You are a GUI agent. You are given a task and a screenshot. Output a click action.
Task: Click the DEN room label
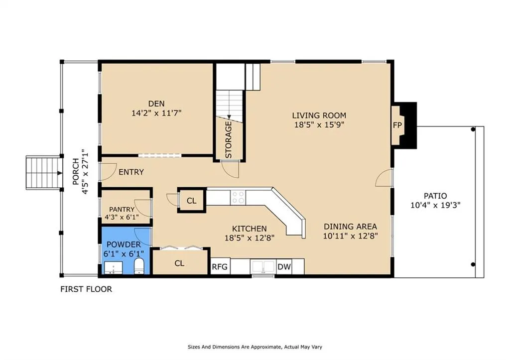click(156, 104)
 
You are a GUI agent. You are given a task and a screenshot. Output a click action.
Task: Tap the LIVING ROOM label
click(319, 116)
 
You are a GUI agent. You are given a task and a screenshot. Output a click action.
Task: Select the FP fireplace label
click(397, 125)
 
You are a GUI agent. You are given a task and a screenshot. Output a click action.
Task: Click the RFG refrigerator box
click(220, 267)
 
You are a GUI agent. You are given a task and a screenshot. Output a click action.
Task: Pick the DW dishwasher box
click(284, 267)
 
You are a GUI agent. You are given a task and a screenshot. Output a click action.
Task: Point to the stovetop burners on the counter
click(238, 197)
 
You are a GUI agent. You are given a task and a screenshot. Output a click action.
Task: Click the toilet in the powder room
click(139, 266)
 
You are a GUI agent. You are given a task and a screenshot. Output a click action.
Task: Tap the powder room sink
click(113, 268)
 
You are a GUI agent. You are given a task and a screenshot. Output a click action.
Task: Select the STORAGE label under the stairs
click(228, 140)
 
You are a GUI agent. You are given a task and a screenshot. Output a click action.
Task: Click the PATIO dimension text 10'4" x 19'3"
click(435, 205)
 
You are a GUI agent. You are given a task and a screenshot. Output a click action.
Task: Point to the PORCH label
click(76, 171)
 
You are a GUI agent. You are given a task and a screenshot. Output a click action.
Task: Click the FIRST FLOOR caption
click(86, 289)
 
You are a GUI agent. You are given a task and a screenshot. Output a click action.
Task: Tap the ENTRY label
click(131, 172)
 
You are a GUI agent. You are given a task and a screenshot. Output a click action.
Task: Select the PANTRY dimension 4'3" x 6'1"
click(122, 217)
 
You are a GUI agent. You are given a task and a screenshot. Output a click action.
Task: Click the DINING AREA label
click(350, 227)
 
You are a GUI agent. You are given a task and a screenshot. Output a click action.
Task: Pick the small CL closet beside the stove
click(192, 200)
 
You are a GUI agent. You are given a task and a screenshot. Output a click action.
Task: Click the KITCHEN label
click(249, 229)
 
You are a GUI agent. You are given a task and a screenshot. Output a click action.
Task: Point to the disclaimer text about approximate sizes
click(255, 347)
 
